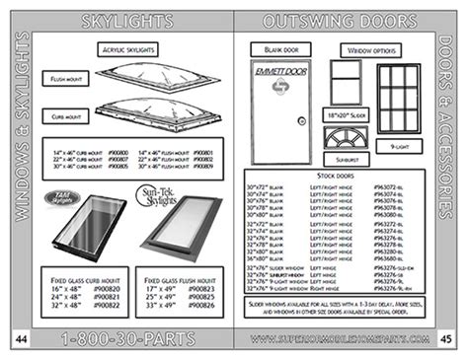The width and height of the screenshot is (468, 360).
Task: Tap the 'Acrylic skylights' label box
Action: tap(127, 49)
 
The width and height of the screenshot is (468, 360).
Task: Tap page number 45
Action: tap(446, 338)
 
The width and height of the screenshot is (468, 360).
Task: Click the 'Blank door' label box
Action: tap(268, 49)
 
